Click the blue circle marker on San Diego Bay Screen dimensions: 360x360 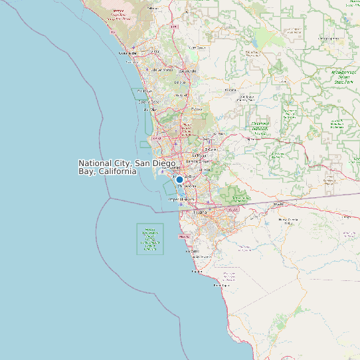click(x=179, y=179)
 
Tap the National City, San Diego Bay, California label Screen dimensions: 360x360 click(x=127, y=167)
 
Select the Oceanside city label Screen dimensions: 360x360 click(x=128, y=52)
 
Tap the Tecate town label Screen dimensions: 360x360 click(x=278, y=204)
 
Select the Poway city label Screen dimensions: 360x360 click(x=197, y=109)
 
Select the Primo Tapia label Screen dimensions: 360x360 click(x=197, y=272)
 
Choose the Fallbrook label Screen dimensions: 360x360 click(x=152, y=8)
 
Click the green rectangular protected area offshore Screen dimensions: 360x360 click(x=150, y=239)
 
